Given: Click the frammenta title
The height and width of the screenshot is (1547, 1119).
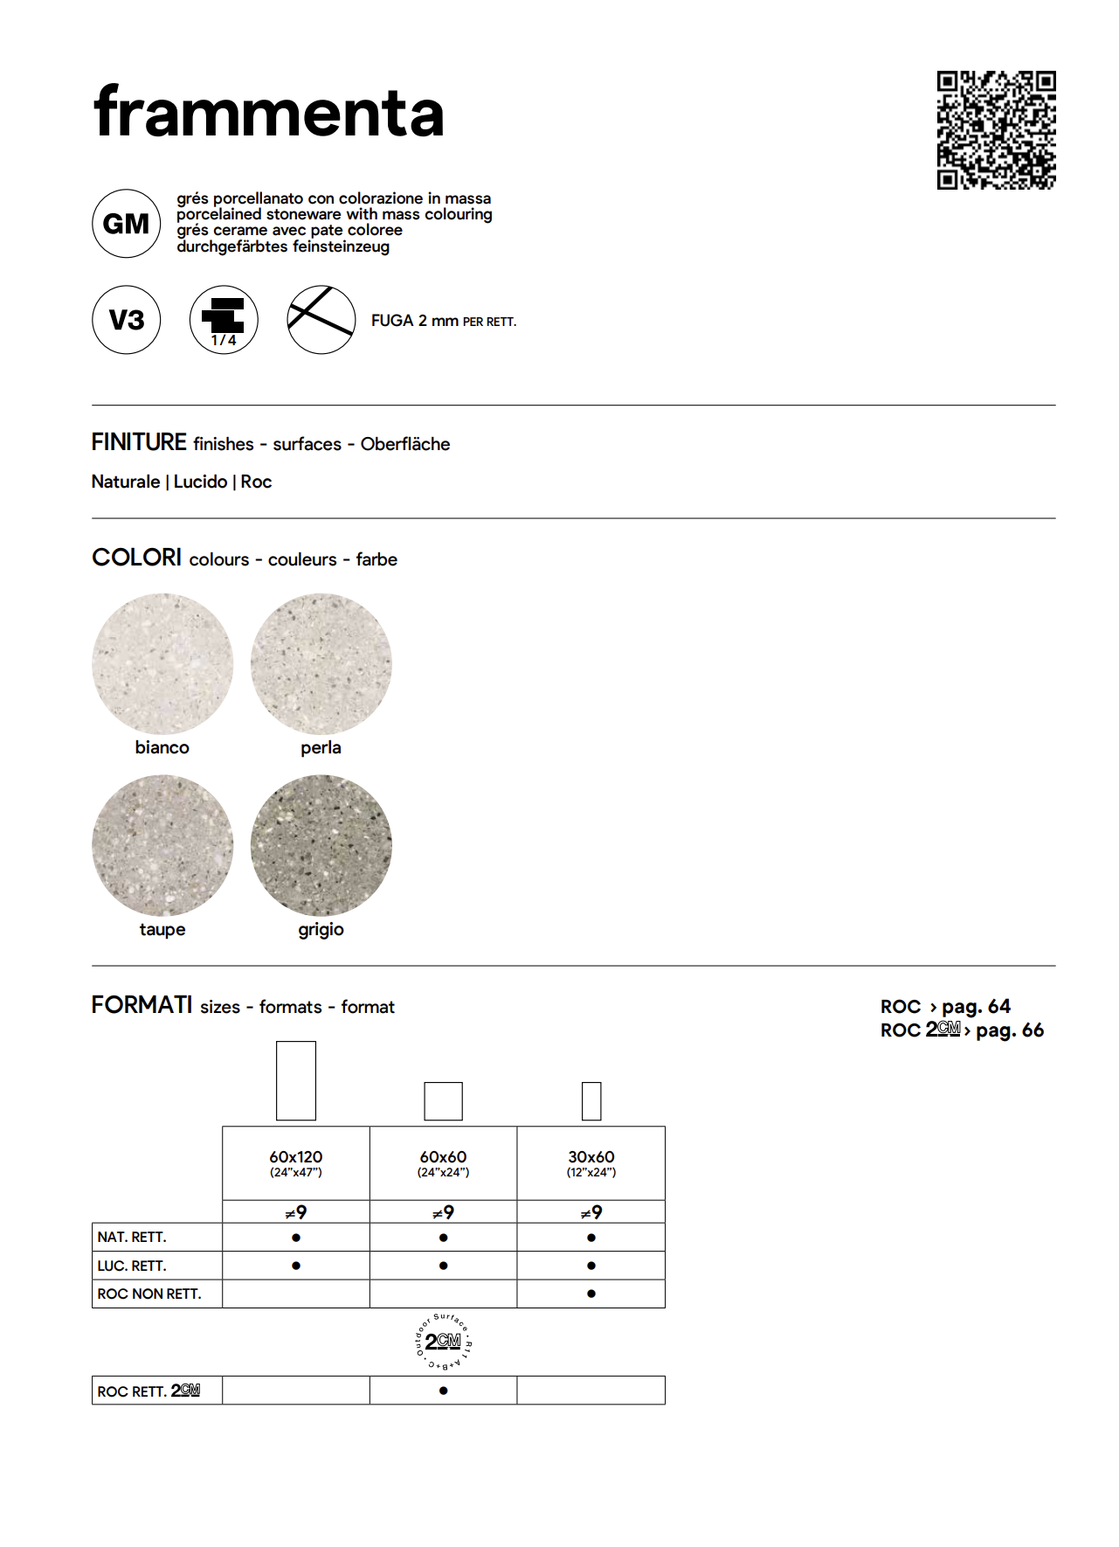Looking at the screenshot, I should [x=268, y=114].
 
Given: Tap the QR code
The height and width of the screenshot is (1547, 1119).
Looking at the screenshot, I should [x=996, y=130].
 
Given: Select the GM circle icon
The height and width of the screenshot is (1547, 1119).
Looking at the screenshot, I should [x=126, y=224].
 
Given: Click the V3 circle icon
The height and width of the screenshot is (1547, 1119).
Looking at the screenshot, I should [x=126, y=320].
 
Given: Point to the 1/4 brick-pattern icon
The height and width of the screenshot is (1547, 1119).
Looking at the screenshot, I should [x=224, y=320].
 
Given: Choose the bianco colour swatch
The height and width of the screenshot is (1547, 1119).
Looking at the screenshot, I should [x=162, y=664].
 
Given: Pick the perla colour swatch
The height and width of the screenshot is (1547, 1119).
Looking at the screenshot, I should [x=321, y=664].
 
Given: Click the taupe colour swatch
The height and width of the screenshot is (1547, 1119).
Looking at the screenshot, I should [x=162, y=845].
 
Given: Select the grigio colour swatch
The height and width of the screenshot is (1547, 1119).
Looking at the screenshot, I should [x=321, y=845].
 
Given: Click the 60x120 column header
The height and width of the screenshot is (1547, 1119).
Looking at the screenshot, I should [x=296, y=1162].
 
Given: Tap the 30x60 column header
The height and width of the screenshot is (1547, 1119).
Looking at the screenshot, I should [x=591, y=1162].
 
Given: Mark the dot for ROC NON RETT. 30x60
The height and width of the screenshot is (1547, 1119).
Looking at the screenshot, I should [x=591, y=1294].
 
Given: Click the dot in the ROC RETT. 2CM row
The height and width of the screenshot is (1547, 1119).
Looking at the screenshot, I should [x=444, y=1391].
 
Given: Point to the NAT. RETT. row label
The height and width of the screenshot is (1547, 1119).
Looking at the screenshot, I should [x=132, y=1237].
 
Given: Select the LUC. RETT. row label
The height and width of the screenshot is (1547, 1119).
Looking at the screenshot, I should [x=132, y=1266].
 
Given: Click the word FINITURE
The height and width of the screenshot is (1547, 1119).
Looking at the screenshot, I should [x=139, y=442].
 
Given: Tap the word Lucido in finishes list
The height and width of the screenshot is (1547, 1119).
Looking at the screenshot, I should [x=200, y=482].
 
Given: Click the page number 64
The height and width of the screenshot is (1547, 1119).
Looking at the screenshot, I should [x=999, y=1006].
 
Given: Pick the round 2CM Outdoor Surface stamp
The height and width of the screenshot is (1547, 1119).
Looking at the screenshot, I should [x=443, y=1342].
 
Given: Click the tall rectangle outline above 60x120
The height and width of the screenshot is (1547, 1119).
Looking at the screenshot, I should [x=296, y=1080].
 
